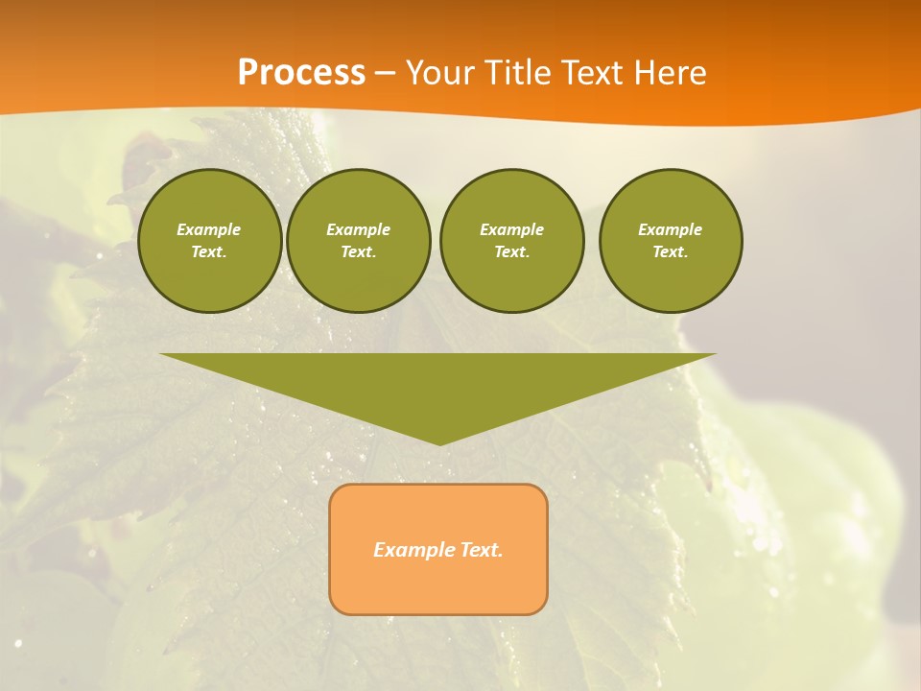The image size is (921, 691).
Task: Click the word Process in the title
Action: tap(301, 73)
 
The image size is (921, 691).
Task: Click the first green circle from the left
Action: tap(210, 241)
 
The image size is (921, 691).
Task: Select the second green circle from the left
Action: tap(359, 241)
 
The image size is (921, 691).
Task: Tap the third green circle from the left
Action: tap(512, 241)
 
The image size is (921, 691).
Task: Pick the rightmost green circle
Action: tap(671, 241)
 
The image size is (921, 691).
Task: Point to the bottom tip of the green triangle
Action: tap(438, 443)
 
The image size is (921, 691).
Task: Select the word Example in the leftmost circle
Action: tap(209, 229)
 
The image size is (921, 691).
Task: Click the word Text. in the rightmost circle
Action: tap(671, 252)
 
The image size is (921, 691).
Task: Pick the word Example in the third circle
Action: tap(512, 229)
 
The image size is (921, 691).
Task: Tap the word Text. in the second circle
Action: tap(359, 252)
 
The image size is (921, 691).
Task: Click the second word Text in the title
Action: tap(589, 73)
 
